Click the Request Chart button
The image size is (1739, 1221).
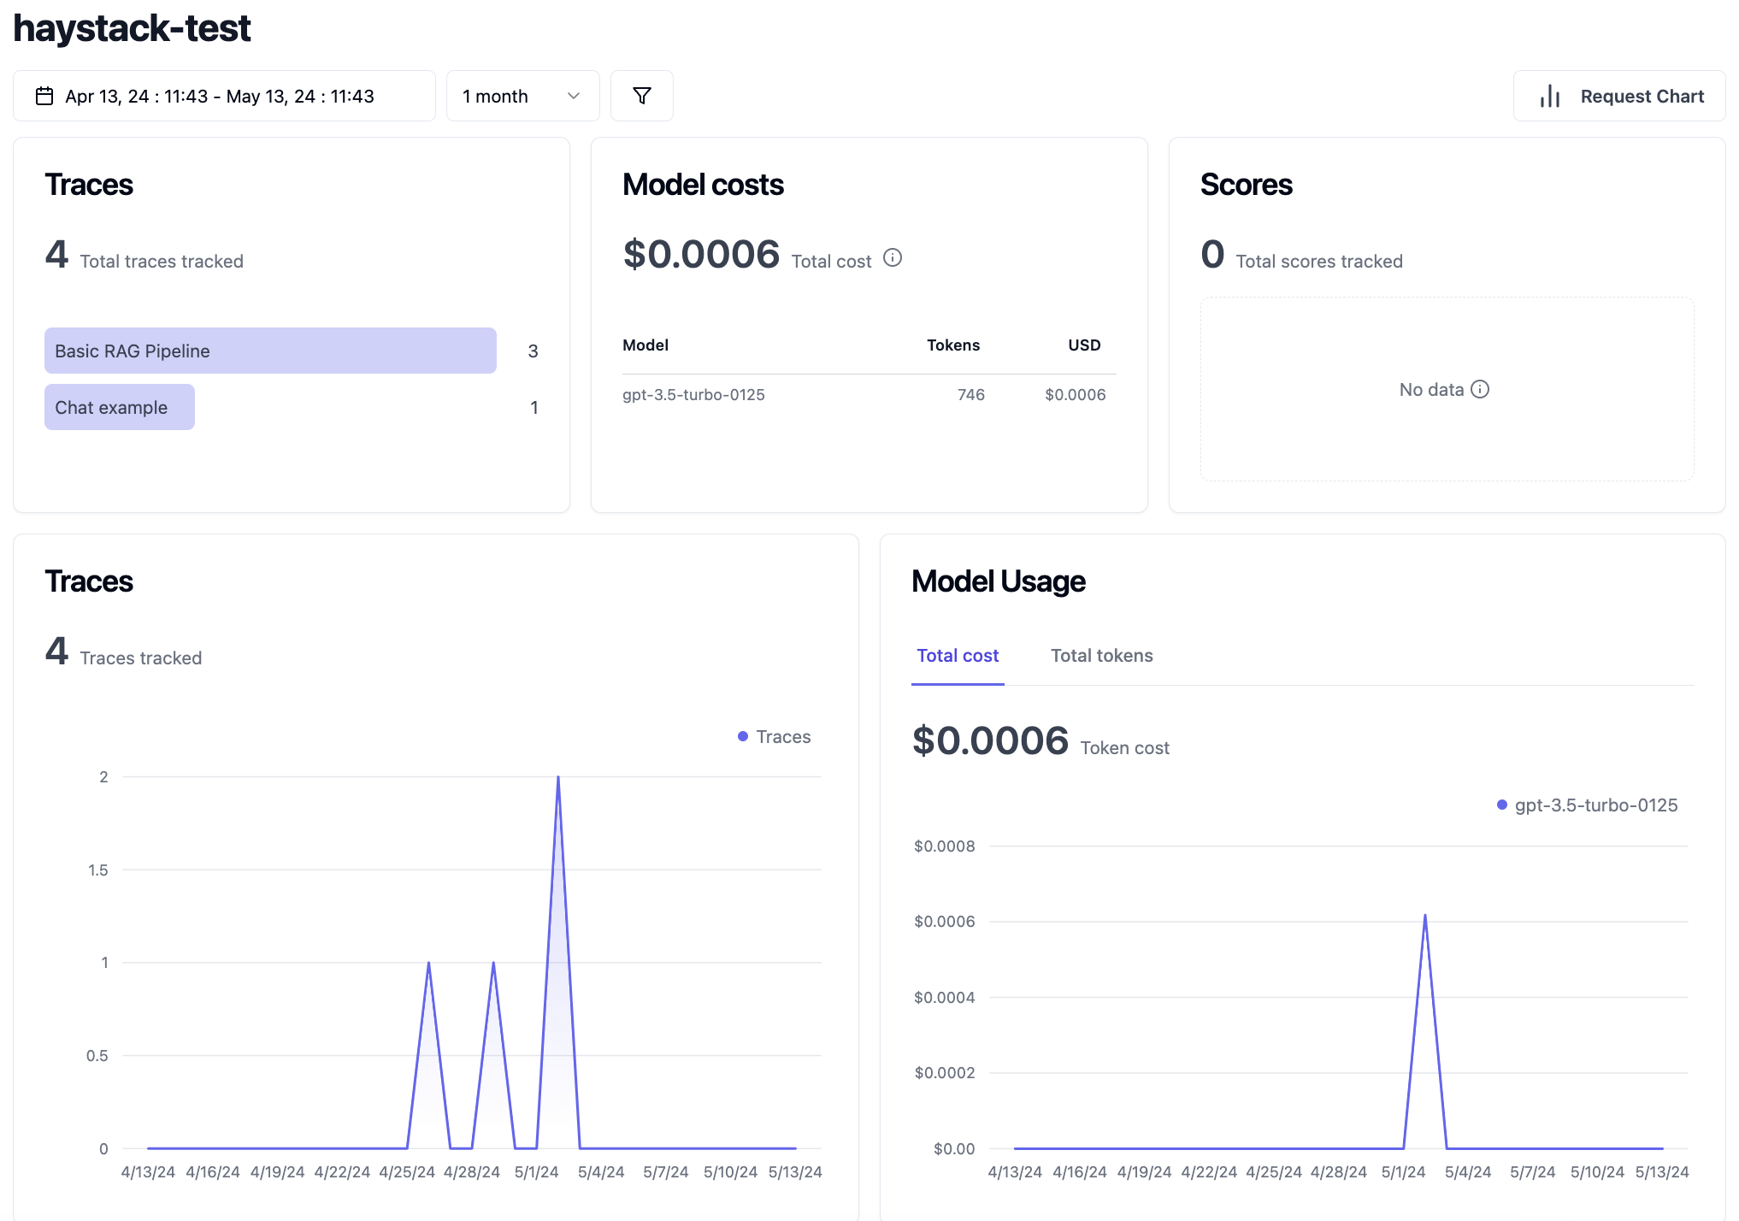(x=1619, y=96)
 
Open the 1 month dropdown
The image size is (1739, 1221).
(x=522, y=96)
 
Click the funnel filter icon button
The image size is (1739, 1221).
(x=642, y=96)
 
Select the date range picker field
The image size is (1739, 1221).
(x=224, y=96)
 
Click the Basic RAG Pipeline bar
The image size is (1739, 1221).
(x=270, y=351)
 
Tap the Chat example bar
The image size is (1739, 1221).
(x=119, y=407)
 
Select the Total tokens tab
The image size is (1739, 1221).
(x=1101, y=656)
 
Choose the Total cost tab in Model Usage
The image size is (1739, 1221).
(x=958, y=656)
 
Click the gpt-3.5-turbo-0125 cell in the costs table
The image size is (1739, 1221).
(x=693, y=395)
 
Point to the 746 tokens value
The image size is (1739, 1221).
(x=970, y=395)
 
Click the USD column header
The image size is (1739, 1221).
(x=1084, y=345)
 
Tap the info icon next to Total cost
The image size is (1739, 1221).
(x=893, y=257)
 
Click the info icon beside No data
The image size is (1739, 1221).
(x=1480, y=389)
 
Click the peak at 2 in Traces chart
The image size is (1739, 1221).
(x=558, y=777)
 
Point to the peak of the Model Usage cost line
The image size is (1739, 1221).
(x=1425, y=916)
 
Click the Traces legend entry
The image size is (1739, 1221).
(x=775, y=737)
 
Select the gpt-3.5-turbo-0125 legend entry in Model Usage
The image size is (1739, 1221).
(x=1588, y=805)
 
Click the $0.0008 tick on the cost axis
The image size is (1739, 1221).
(x=944, y=846)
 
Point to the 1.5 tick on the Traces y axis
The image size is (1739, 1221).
(x=98, y=870)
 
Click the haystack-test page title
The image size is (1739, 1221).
(x=132, y=28)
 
